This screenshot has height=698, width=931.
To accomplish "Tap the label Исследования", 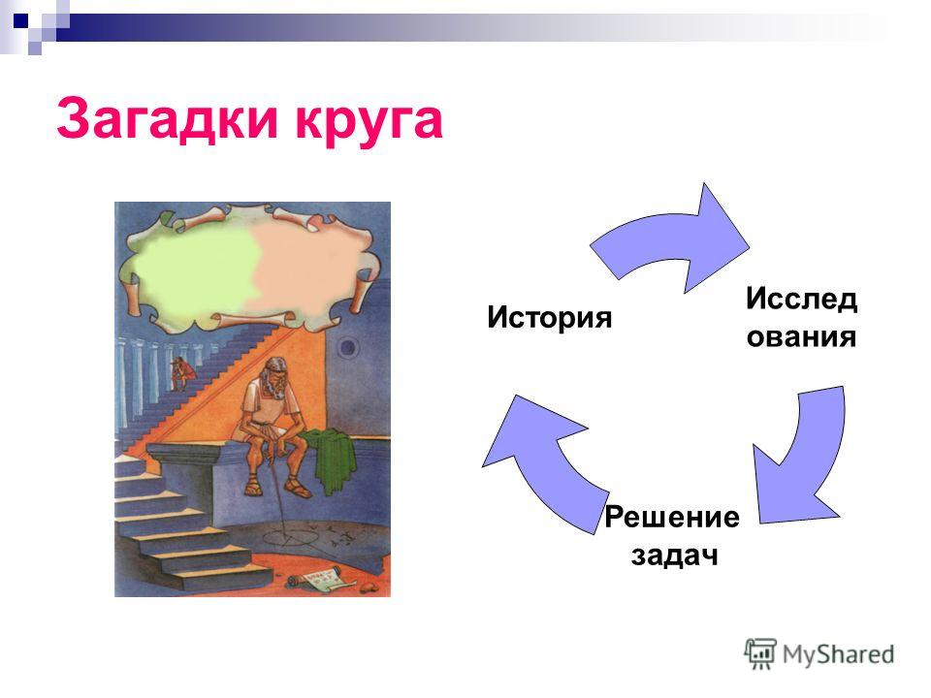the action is pos(802,317).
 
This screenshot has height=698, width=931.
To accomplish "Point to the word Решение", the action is pos(672,517).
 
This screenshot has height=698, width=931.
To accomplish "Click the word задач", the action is pos(675,555).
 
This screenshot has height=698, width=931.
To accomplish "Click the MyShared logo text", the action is pos(838,654).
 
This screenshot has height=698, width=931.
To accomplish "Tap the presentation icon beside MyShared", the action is pos(760,653).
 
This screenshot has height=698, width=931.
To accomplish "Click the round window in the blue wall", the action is pos(348,346).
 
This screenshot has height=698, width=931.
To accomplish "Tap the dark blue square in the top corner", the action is pos(21,21).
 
